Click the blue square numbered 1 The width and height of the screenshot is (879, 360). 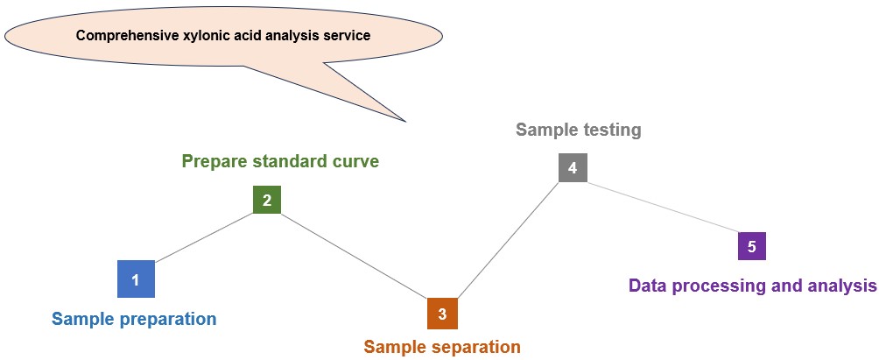click(136, 279)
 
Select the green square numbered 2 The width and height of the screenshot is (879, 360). click(267, 200)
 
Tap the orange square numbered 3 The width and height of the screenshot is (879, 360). click(442, 313)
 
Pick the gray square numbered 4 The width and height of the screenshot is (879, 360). click(573, 168)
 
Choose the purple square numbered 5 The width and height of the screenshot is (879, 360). click(751, 246)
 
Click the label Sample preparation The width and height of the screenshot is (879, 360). click(134, 319)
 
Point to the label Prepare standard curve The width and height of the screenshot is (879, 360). click(280, 161)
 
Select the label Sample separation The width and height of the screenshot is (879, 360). click(442, 347)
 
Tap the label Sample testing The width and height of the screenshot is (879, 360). click(579, 131)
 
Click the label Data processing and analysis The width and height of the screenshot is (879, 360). click(753, 286)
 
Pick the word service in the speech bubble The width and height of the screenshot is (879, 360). click(348, 36)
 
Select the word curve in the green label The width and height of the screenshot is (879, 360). click(356, 161)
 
